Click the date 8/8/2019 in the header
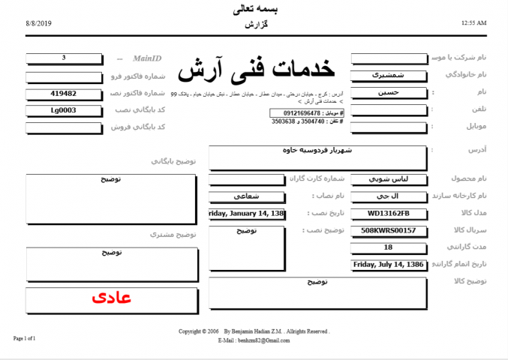coord(38,24)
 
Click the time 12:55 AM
coord(473,24)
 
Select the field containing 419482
coord(64,94)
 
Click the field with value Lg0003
coord(64,110)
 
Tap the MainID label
coord(147,58)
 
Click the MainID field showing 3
coord(64,58)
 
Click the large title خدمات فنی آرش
coord(256,70)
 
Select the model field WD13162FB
coord(388,213)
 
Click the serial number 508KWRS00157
coord(388,230)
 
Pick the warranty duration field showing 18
coord(388,247)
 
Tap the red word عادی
coord(111,298)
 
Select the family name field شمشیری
coord(388,75)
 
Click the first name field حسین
coord(388,92)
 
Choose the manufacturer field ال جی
coord(388,196)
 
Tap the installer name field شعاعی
coord(247,196)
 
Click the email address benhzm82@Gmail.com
coord(263,340)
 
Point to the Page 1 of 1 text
coord(25,338)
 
